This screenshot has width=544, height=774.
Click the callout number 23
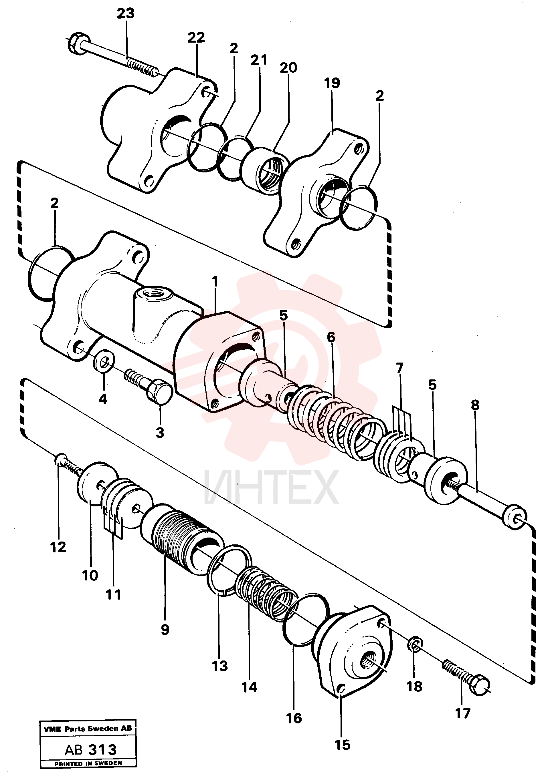[x=126, y=14]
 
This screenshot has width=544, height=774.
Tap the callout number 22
[x=196, y=37]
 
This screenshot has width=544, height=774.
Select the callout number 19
[x=332, y=83]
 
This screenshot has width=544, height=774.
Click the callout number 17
[x=463, y=713]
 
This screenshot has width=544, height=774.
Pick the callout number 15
[x=343, y=745]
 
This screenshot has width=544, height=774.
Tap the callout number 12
[x=58, y=547]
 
